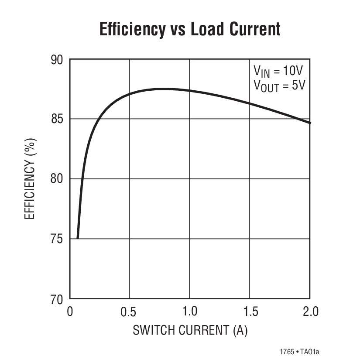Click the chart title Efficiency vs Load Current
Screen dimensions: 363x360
pyautogui.click(x=190, y=29)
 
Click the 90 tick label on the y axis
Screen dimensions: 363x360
pyautogui.click(x=57, y=60)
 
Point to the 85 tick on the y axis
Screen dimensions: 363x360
pyautogui.click(x=57, y=119)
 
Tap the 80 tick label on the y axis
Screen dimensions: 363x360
pyautogui.click(x=57, y=179)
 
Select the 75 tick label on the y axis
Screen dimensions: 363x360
pyautogui.click(x=57, y=239)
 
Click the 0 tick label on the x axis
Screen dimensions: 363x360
pyautogui.click(x=70, y=312)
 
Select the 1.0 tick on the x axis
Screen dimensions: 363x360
pyautogui.click(x=189, y=312)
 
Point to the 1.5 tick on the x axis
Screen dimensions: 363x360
pyautogui.click(x=250, y=312)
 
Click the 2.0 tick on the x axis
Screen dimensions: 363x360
pyautogui.click(x=310, y=312)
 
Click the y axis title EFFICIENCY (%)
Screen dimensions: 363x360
pyautogui.click(x=30, y=179)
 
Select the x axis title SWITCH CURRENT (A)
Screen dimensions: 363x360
pyautogui.click(x=190, y=330)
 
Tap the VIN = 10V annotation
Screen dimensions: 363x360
pyautogui.click(x=279, y=71)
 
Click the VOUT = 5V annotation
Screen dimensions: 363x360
pyautogui.click(x=279, y=85)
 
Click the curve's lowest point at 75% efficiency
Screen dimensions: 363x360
pyautogui.click(x=78, y=238)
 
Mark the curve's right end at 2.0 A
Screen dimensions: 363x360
pyautogui.click(x=310, y=123)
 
